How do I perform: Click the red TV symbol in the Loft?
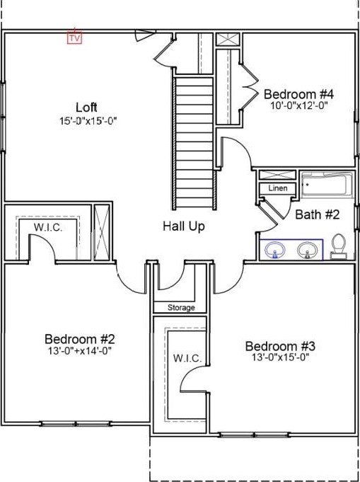point(75,38)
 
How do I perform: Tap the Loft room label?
point(86,108)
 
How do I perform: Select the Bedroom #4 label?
point(298,94)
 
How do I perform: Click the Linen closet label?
point(278,188)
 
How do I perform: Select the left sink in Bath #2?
point(275,250)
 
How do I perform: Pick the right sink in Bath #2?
point(307,250)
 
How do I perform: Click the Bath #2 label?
point(318,214)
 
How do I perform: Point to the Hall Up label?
point(184,227)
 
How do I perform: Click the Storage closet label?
point(181,307)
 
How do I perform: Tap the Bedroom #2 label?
point(79,339)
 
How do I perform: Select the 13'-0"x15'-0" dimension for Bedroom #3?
point(280,357)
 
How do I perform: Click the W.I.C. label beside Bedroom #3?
point(187,358)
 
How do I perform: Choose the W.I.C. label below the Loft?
point(48,228)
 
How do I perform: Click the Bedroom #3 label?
point(280,346)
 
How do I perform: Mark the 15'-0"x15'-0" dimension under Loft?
point(89,120)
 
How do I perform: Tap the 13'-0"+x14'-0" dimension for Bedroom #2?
point(79,350)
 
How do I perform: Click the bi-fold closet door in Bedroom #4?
point(249,86)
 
